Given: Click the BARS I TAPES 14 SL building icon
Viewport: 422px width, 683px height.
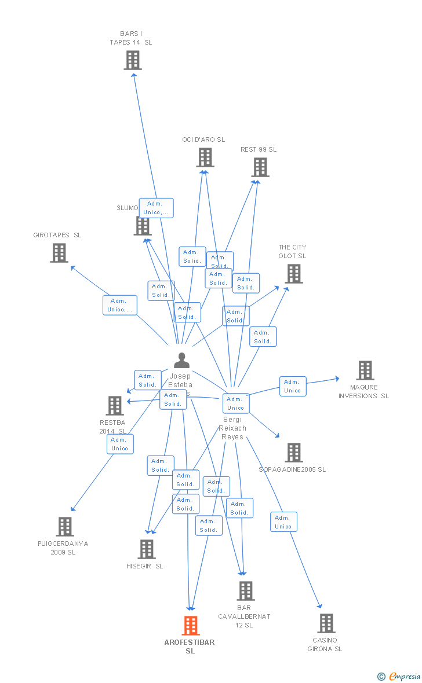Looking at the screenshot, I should pyautogui.click(x=133, y=60).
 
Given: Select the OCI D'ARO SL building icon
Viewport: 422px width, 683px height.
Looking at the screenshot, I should pyautogui.click(x=205, y=157).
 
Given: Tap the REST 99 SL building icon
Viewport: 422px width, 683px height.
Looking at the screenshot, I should pyautogui.click(x=260, y=167).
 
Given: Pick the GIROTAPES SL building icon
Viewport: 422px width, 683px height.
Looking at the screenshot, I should pyautogui.click(x=59, y=253).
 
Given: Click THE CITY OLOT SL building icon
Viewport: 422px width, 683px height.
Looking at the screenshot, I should pyautogui.click(x=294, y=274).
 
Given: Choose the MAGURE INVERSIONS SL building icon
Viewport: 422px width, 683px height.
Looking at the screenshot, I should pyautogui.click(x=365, y=370).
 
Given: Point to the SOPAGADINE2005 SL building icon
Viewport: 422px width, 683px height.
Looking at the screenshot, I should pyautogui.click(x=294, y=453).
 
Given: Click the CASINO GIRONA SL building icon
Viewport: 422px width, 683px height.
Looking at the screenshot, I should pyautogui.click(x=326, y=623).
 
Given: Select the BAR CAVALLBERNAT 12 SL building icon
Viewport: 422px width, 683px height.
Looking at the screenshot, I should pyautogui.click(x=246, y=591).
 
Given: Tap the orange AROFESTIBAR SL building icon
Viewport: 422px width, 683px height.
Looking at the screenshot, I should pyautogui.click(x=191, y=626).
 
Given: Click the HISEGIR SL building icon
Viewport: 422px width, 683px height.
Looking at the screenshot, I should pyautogui.click(x=147, y=549).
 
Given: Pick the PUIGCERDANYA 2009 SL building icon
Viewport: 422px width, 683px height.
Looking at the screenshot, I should pyautogui.click(x=65, y=527).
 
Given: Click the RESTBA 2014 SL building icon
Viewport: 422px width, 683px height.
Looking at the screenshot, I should pyautogui.click(x=115, y=406).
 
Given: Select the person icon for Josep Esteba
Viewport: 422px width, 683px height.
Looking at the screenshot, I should pyautogui.click(x=181, y=361).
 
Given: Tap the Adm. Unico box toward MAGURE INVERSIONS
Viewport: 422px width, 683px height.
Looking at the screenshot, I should pyautogui.click(x=293, y=386).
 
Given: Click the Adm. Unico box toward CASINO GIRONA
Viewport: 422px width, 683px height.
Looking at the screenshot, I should pyautogui.click(x=283, y=522).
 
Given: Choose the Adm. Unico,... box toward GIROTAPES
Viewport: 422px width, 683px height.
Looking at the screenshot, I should pyautogui.click(x=120, y=305).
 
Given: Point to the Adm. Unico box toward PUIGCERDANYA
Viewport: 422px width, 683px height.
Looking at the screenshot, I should pyautogui.click(x=120, y=444).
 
